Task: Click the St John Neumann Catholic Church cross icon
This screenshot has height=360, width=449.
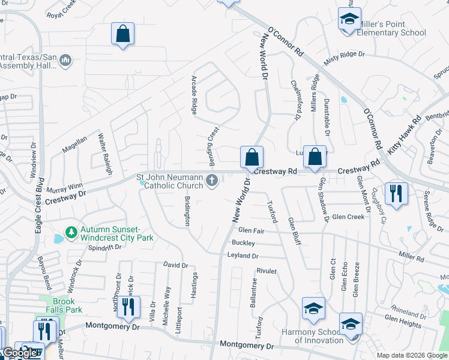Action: pos(212,180)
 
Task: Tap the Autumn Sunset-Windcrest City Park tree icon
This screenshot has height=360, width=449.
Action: pos(71,232)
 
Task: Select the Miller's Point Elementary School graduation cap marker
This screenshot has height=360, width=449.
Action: pos(349,19)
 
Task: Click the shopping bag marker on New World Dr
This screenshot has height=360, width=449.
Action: pos(252,158)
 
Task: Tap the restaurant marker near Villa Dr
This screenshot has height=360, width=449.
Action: pos(127,308)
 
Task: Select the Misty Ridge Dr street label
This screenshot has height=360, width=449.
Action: pos(344,58)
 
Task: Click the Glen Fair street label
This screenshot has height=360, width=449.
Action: pos(251,230)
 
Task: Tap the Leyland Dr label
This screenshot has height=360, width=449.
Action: pos(243,256)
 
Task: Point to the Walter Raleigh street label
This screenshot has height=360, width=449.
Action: pos(106,154)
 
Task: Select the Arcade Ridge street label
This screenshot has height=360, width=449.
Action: pos(194,95)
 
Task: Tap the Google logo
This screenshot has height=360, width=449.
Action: pos(19,353)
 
